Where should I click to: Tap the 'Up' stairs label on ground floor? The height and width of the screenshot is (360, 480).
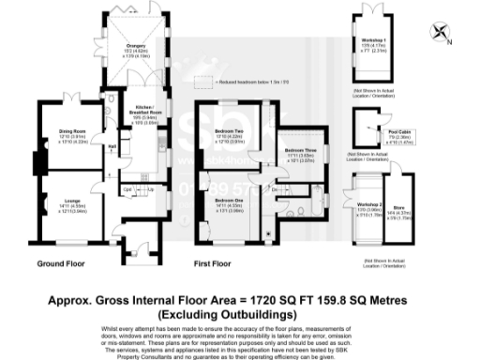[x=151, y=190]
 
